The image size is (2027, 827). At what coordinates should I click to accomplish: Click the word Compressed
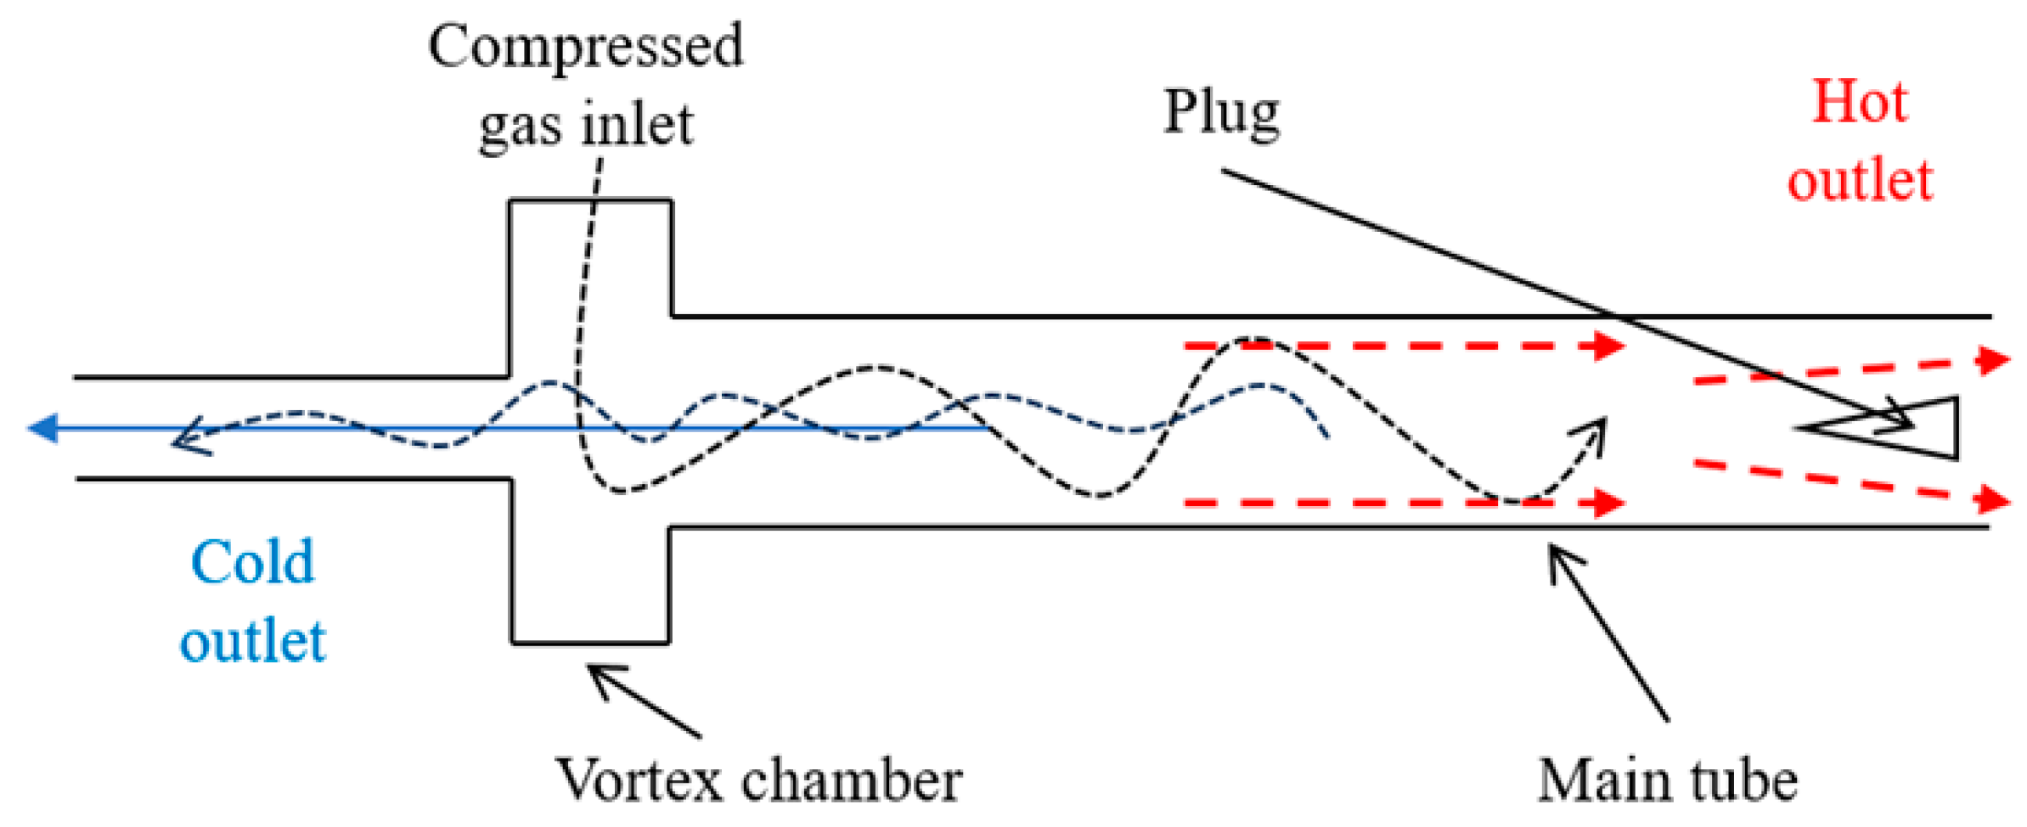click(585, 47)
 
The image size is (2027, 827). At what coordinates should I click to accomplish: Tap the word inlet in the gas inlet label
click(638, 125)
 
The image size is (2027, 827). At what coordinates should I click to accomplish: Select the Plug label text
click(1221, 112)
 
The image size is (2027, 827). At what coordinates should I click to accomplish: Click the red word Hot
click(1860, 103)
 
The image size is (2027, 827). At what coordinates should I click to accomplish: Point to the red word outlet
click(1860, 180)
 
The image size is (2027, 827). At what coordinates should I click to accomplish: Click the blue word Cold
click(252, 562)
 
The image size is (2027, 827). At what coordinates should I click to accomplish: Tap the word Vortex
click(639, 779)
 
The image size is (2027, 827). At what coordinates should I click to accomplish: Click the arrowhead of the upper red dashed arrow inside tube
click(1608, 346)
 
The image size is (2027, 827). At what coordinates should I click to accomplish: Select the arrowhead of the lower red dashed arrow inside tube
click(1608, 503)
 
